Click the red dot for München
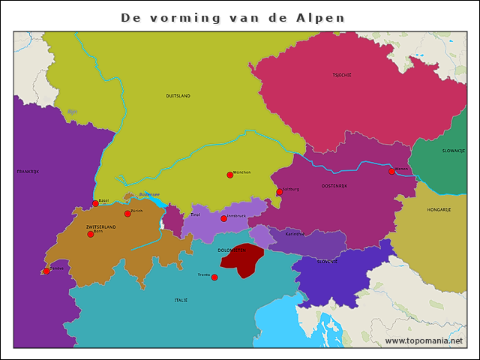230,175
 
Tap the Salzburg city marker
279,192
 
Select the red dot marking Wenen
391,172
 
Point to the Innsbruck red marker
223,218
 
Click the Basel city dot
95,203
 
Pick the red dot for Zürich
127,214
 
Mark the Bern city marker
91,234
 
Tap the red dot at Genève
46,271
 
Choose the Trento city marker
214,277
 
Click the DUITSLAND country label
178,96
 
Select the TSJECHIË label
342,75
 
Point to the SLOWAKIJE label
454,151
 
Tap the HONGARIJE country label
439,210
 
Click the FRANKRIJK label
27,172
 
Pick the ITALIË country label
181,300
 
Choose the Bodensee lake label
149,194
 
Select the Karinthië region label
295,234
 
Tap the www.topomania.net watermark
424,340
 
